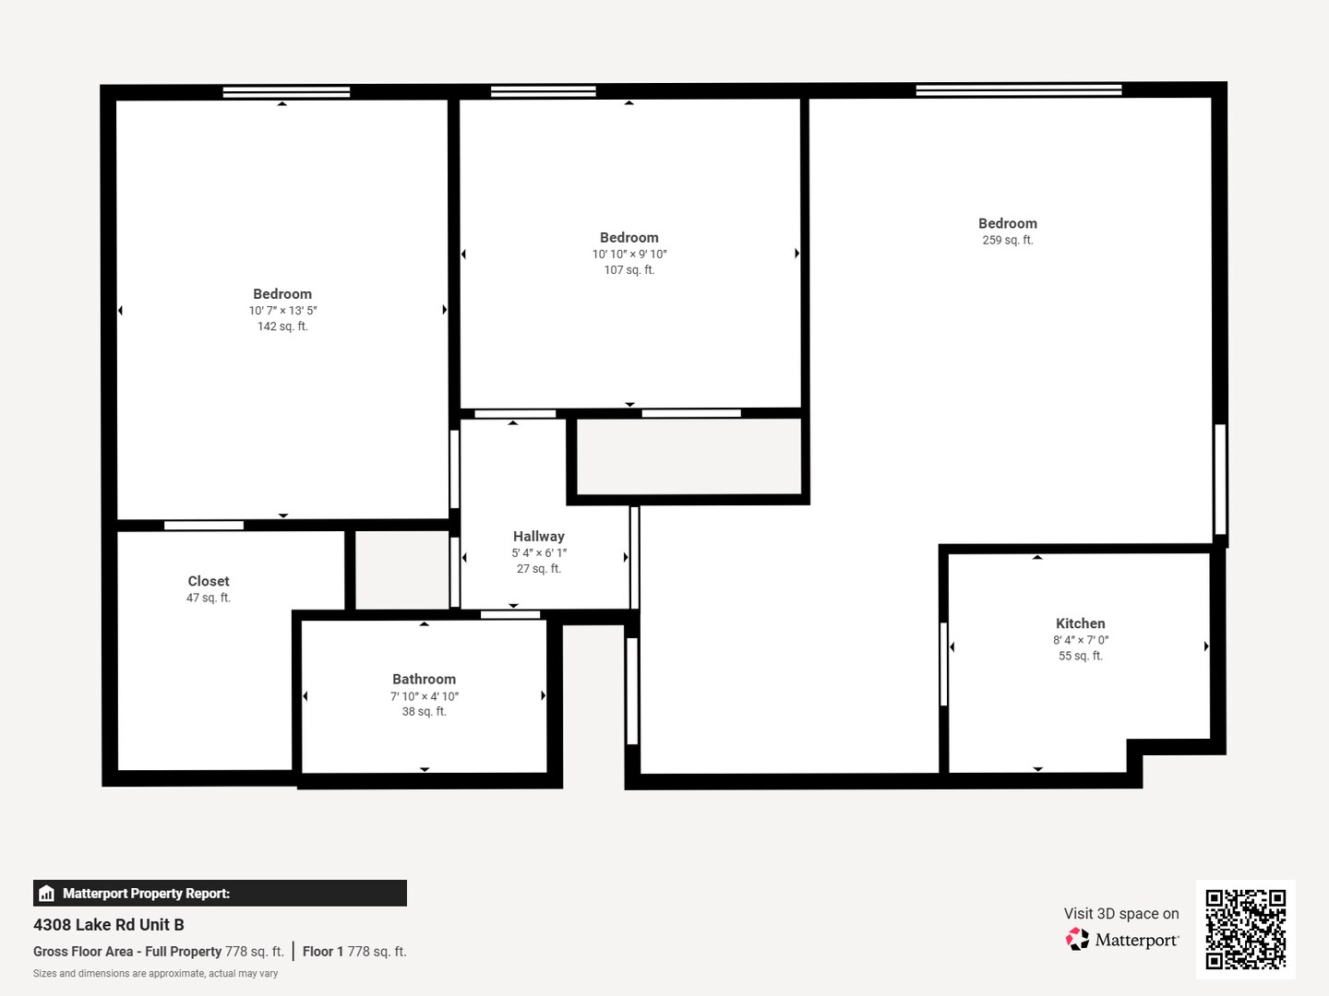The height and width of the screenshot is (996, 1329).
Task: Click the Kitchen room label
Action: (1080, 623)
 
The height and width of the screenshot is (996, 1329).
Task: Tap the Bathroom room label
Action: (424, 679)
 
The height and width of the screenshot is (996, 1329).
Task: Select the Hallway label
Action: (538, 537)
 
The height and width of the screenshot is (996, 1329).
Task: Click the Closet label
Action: (209, 581)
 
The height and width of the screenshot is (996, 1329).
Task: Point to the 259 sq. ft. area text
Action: (1008, 240)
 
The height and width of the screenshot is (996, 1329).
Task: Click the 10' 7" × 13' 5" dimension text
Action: (282, 310)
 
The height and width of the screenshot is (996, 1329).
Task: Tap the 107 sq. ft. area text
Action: (629, 269)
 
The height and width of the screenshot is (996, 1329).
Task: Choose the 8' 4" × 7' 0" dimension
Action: (1080, 640)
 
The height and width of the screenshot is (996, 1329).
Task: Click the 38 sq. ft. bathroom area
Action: (424, 712)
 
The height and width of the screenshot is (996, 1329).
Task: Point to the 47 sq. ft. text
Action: (209, 598)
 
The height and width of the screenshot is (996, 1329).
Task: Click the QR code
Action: (1245, 929)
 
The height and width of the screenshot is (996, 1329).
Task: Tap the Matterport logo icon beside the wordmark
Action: (1077, 939)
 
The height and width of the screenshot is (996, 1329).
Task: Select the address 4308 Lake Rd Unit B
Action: (108, 925)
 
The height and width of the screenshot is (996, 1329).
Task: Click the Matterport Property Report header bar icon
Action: (47, 894)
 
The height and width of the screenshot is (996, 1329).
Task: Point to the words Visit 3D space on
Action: (1121, 913)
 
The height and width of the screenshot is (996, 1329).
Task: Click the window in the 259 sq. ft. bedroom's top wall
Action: (1018, 90)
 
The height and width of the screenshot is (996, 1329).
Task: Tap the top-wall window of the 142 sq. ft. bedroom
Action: (286, 92)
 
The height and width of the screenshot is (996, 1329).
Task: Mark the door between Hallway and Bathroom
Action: (510, 614)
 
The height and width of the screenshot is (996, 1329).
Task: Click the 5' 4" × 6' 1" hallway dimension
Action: (539, 552)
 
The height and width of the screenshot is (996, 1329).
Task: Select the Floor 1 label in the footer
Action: (323, 951)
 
